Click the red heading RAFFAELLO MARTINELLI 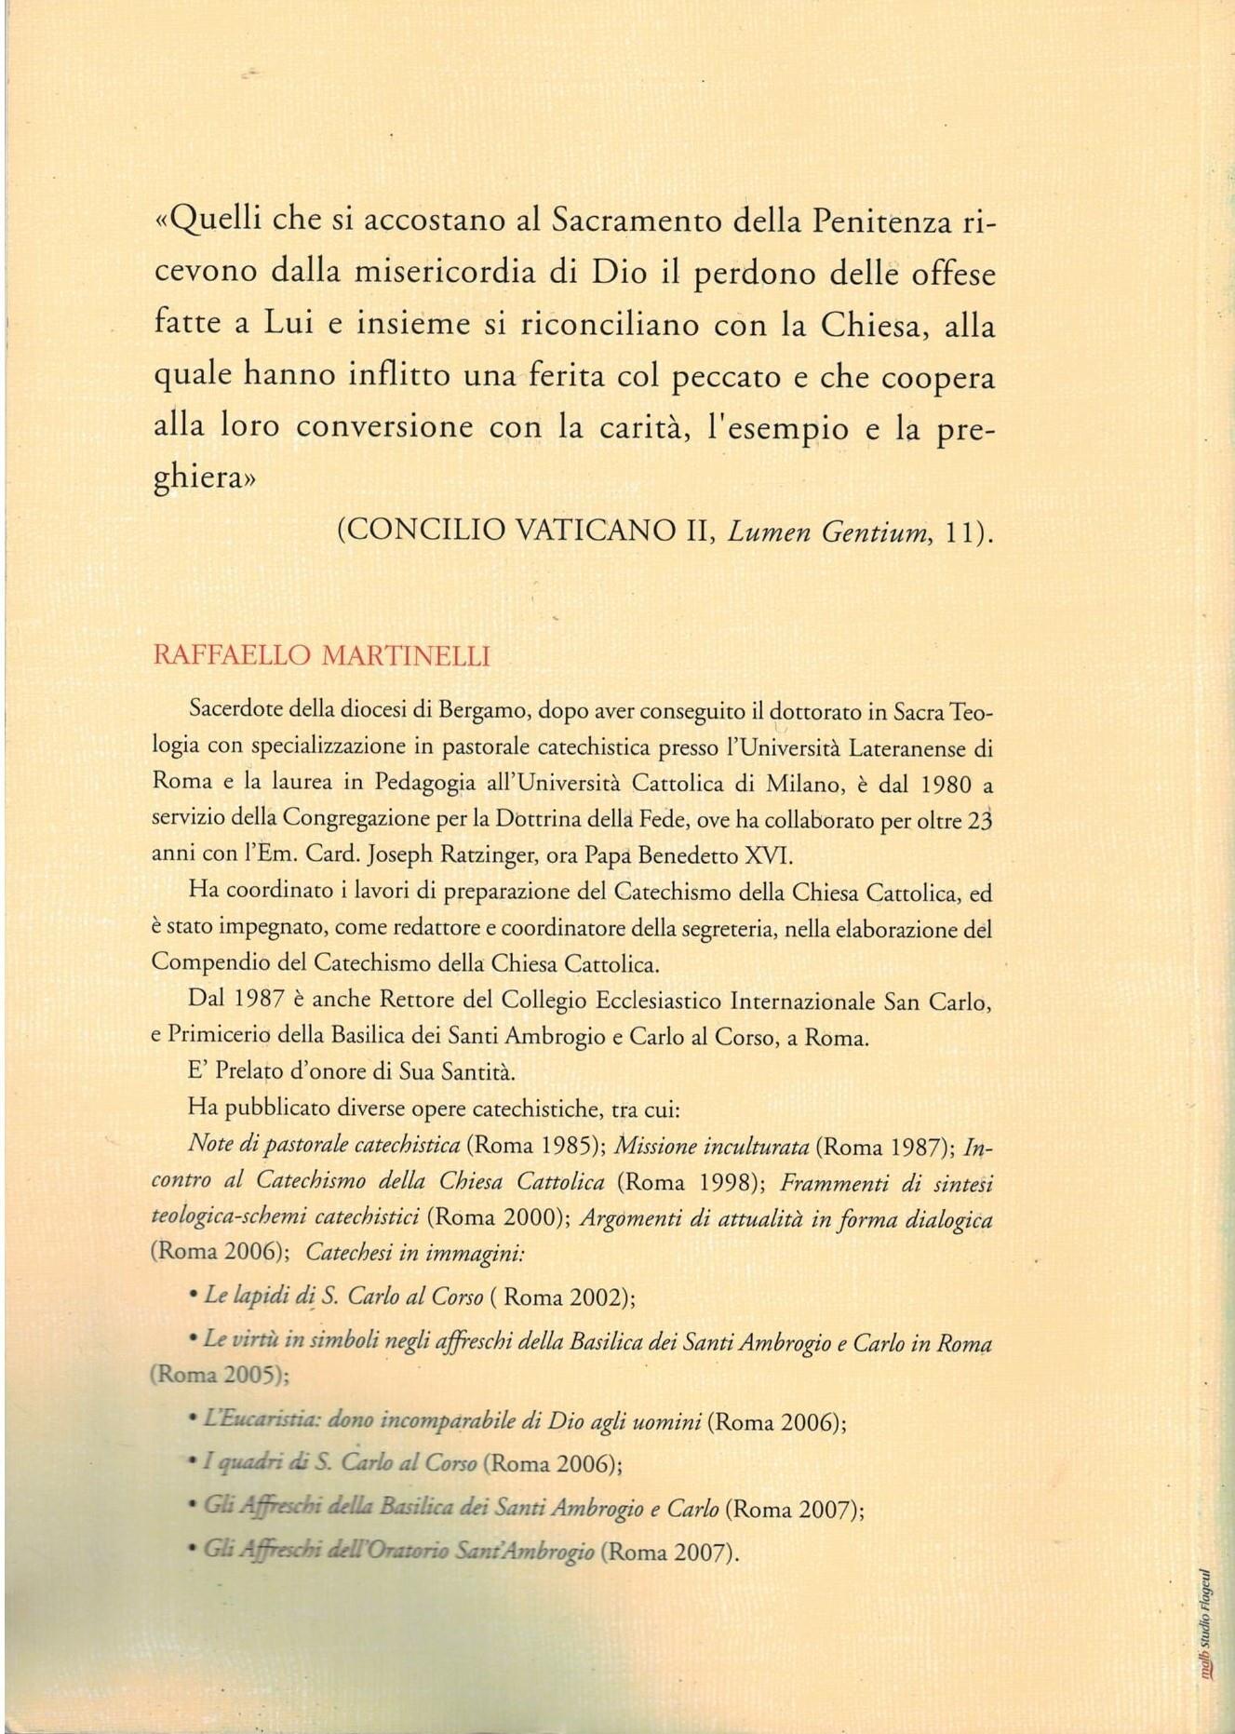321,655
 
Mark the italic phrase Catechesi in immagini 415,1253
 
